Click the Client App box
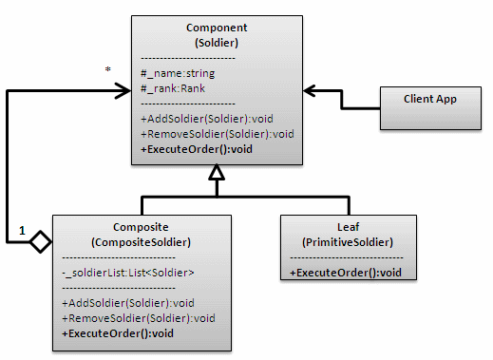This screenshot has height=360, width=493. tap(426, 99)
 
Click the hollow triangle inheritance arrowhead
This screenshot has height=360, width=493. tap(217, 174)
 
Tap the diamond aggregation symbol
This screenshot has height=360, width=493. tap(40, 242)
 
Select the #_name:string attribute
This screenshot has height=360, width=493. tap(178, 72)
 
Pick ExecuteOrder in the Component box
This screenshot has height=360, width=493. tap(196, 149)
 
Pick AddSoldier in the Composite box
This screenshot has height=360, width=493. tap(123, 302)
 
